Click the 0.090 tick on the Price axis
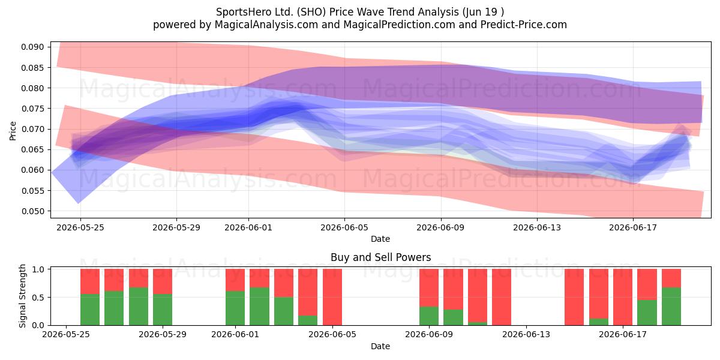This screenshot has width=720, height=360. point(32,47)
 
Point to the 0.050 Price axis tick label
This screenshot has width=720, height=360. point(32,211)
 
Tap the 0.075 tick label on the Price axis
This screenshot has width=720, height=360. point(32,109)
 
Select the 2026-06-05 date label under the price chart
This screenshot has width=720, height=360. point(344,227)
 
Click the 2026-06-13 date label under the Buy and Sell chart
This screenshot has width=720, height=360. point(526,335)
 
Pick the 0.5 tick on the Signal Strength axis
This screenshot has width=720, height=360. point(38,298)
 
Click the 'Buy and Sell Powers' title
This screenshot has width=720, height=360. point(380,257)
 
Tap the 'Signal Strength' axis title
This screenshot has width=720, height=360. point(22,296)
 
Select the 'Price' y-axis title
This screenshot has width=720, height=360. point(13,131)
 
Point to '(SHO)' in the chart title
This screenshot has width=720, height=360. point(311,12)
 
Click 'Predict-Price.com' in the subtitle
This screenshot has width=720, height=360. point(524,25)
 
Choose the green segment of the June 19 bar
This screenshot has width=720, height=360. point(671,307)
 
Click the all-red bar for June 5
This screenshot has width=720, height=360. point(332,297)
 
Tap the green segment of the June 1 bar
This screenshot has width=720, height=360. point(235,308)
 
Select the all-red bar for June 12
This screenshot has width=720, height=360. point(502,297)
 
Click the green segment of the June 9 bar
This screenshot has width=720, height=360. point(429,316)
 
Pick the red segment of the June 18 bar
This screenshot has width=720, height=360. point(647,284)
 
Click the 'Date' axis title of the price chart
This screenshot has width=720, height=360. point(380,239)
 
